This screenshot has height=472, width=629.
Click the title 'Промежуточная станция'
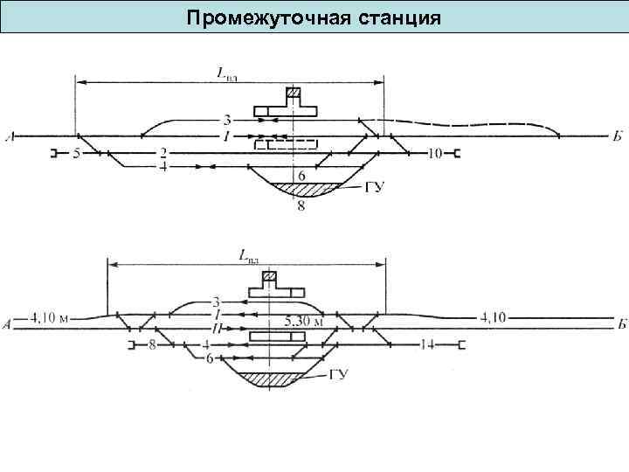tap(314, 17)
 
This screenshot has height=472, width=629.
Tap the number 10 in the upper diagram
tap(435, 155)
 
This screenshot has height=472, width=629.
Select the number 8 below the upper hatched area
tap(301, 206)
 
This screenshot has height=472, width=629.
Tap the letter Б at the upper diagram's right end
tap(618, 137)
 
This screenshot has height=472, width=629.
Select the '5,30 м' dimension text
tap(305, 321)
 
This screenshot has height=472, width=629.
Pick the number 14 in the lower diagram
tap(427, 344)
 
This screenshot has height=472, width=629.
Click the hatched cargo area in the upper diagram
tap(301, 188)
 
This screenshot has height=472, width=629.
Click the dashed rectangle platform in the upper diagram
tap(287, 145)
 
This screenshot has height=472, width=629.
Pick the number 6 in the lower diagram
tap(210, 358)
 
